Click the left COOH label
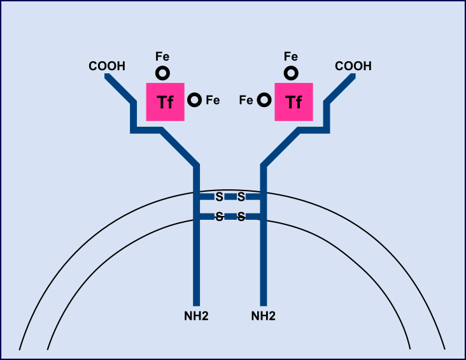(107, 66)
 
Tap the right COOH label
(353, 66)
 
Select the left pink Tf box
(166, 101)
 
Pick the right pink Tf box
(293, 101)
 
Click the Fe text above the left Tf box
(163, 57)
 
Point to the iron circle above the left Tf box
(163, 73)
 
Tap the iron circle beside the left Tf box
(195, 100)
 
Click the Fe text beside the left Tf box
(213, 100)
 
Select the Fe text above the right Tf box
(291, 57)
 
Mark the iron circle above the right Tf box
(291, 73)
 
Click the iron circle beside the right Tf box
(263, 100)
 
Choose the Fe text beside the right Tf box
(246, 100)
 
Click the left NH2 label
(196, 315)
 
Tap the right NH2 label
(264, 315)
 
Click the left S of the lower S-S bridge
(219, 217)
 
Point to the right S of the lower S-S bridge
(241, 217)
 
